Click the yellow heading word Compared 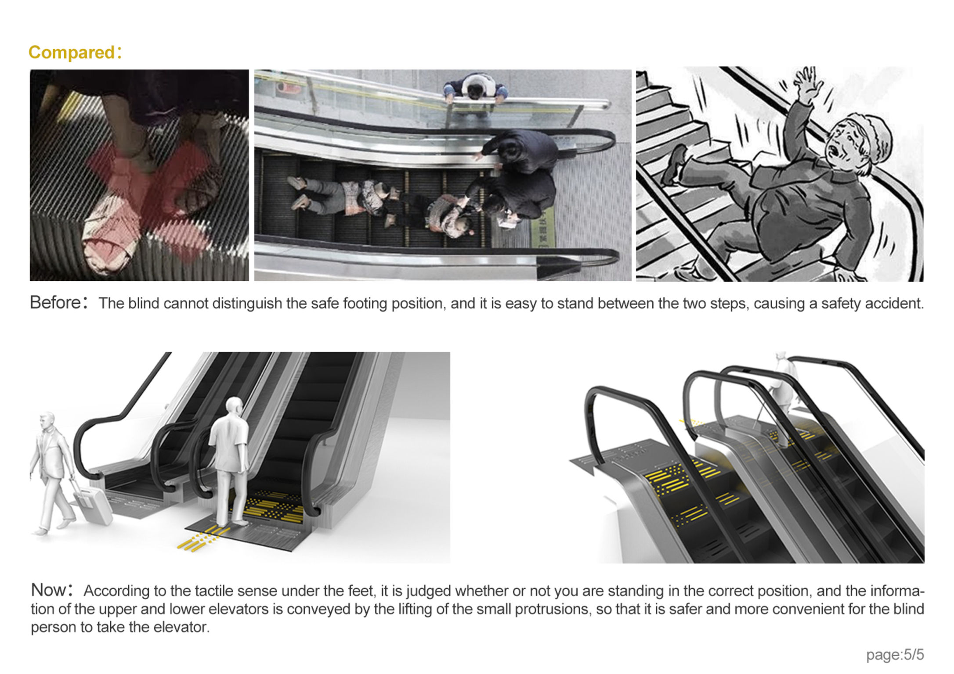pos(72,52)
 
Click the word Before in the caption pos(56,303)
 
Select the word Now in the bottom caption pos(48,590)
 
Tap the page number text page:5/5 pos(895,655)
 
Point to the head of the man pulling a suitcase pos(47,421)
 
